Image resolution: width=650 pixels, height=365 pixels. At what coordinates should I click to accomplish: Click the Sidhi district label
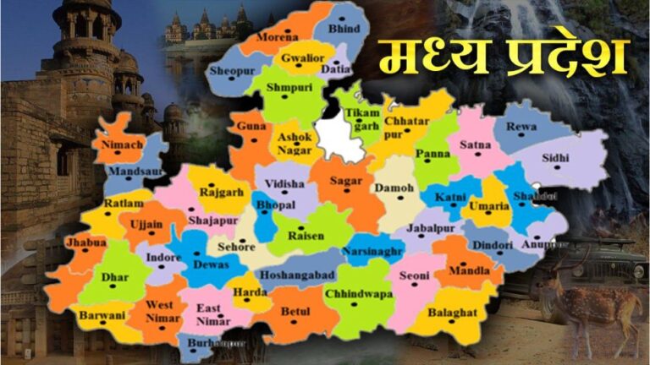[x=556, y=157]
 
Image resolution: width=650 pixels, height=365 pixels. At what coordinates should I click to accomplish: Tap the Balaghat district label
[x=445, y=312]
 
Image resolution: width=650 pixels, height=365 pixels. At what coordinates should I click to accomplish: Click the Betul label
[x=295, y=312]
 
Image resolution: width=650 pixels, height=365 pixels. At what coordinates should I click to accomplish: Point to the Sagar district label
[x=345, y=180]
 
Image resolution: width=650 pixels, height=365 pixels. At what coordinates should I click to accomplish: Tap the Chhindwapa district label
[x=359, y=293]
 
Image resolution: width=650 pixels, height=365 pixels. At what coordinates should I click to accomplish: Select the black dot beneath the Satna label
[x=475, y=156]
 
